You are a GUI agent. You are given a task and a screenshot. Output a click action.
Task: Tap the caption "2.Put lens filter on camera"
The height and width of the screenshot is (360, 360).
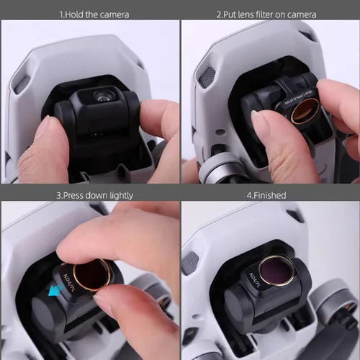(270, 14)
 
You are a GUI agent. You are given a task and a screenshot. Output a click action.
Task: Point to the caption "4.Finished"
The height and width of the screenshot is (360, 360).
(270, 195)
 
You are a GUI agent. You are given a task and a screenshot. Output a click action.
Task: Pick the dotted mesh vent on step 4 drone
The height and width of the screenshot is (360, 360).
(192, 262)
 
